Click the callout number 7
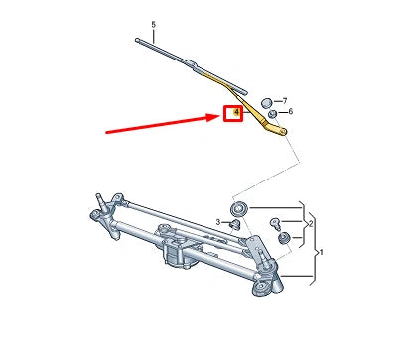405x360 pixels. (284, 101)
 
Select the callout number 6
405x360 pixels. (289, 113)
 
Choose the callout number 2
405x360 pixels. (311, 224)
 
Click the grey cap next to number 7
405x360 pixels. (266, 102)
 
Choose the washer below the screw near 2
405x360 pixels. (282, 239)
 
